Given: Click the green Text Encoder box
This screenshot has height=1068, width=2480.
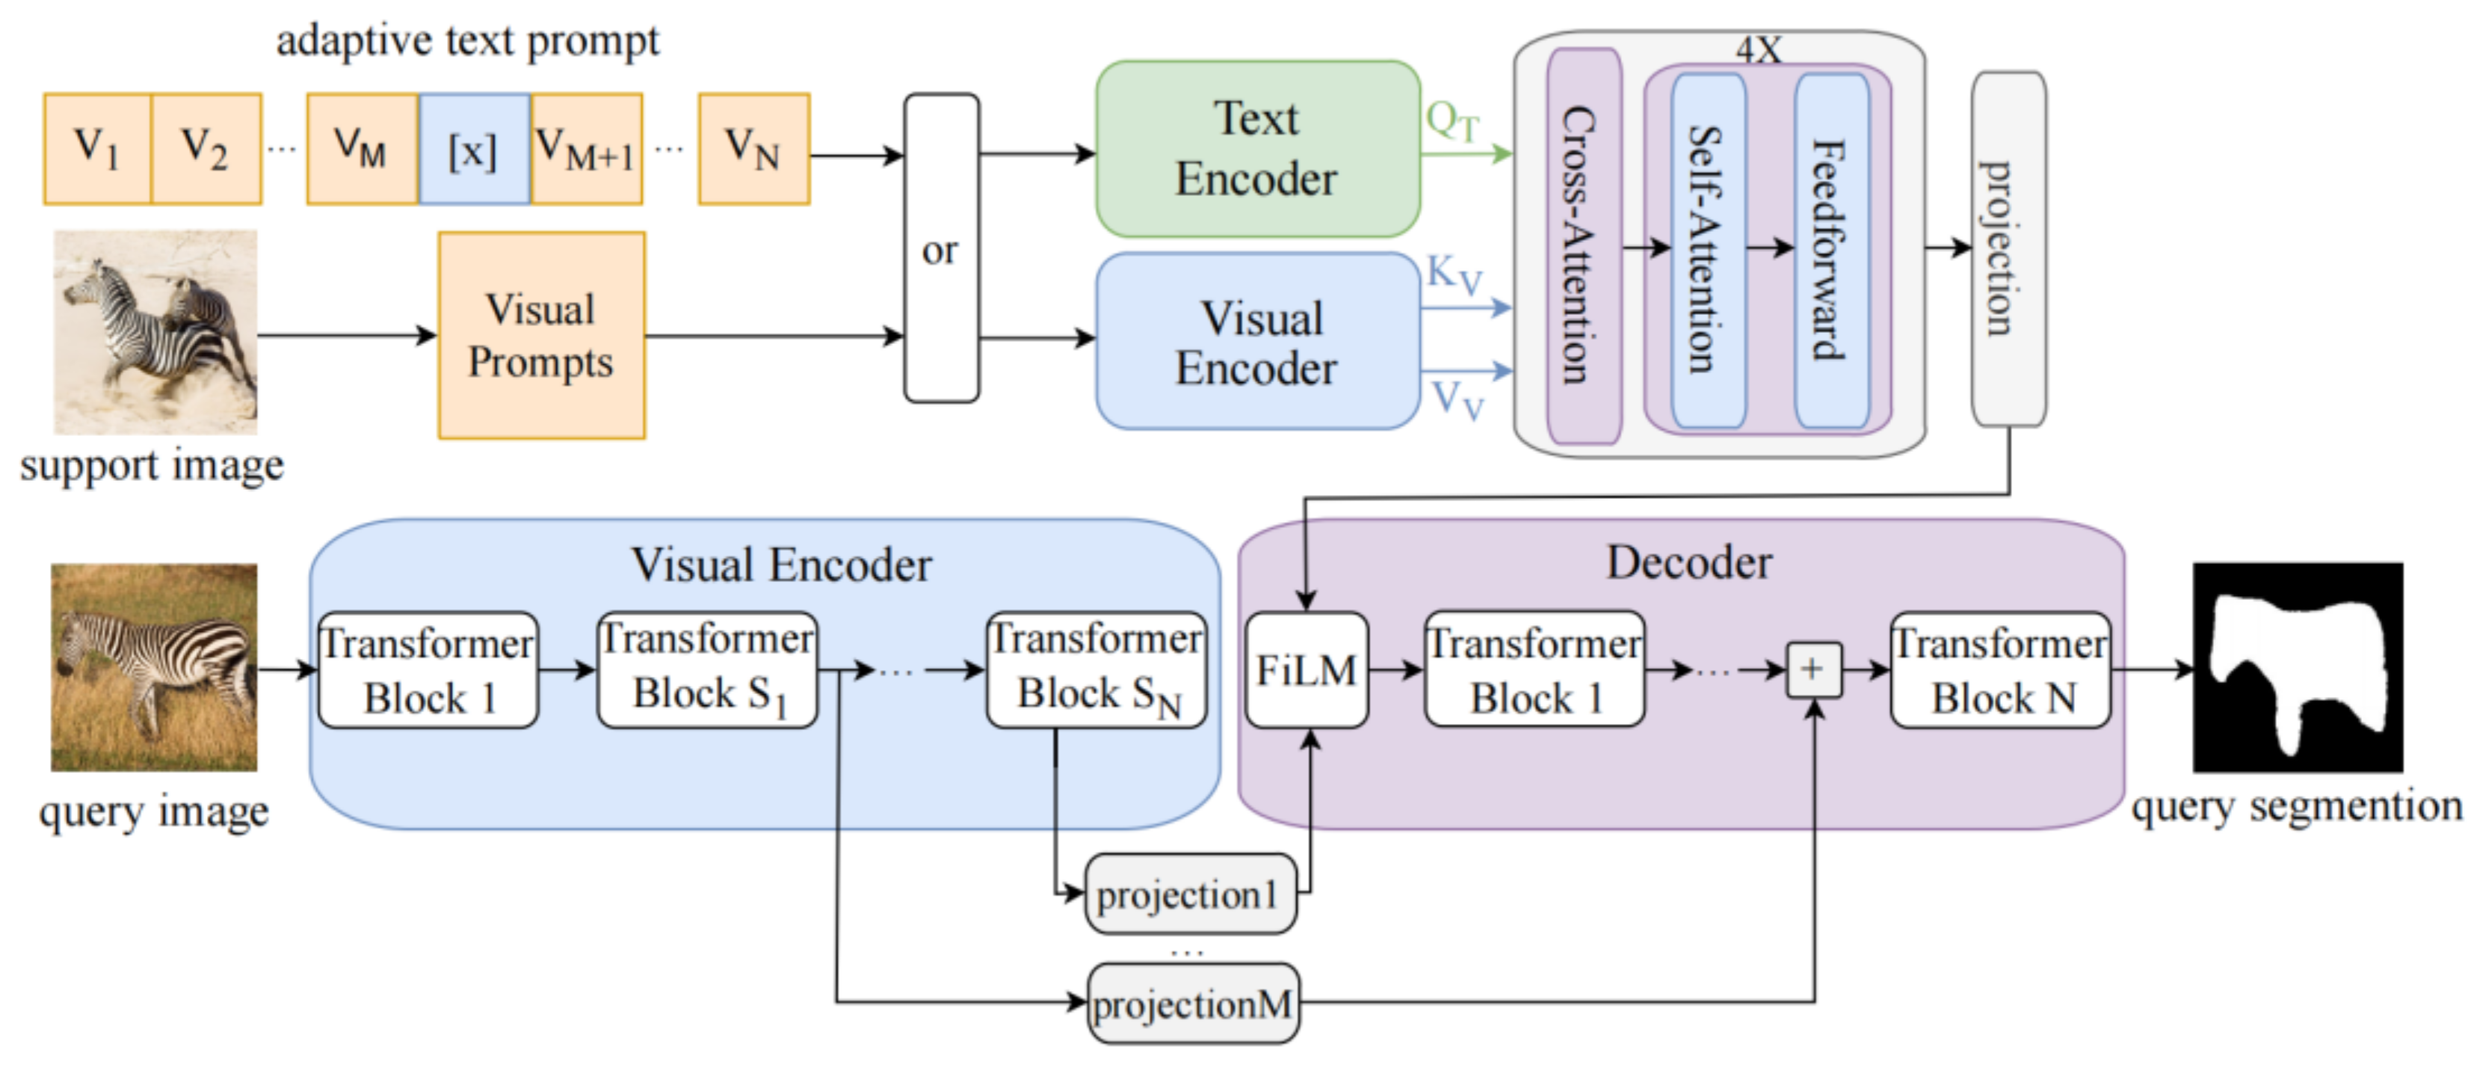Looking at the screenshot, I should pos(1257,150).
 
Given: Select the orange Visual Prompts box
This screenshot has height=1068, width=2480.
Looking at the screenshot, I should pos(541,335).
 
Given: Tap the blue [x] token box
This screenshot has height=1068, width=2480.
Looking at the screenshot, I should pos(474,150).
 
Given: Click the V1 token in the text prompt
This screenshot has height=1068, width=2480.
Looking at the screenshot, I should pos(97,150).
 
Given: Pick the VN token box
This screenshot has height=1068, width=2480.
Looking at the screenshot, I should pos(754,150).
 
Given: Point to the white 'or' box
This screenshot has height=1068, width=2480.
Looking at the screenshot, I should pos(940,248).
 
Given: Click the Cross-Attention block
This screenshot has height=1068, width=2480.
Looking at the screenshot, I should pos(1583,247).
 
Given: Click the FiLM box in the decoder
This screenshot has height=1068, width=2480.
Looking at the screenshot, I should pos(1307,669).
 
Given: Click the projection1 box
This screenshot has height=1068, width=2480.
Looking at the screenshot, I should pos(1190,894).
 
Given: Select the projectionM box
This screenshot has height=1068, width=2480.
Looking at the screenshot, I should pos(1193,1004).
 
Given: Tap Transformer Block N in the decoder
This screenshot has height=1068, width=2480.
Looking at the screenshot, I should pos(1999,669).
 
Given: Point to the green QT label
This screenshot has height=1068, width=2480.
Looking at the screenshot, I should pos(1452,123).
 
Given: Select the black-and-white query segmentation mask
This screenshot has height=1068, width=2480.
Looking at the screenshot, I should pos(2297,667).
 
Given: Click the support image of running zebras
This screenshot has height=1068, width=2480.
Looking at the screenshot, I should pos(155,331).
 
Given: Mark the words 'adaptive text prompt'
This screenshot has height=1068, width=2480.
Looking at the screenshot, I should pos(468,41).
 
